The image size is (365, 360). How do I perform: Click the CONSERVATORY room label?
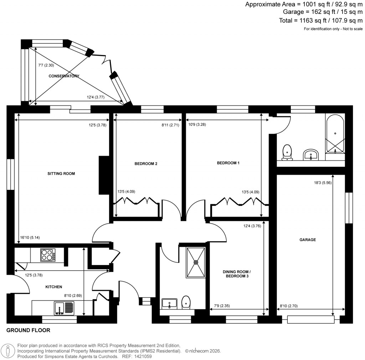tap(64, 76)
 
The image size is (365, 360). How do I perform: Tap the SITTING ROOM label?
tap(61, 174)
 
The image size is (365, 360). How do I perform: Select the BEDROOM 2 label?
tap(146, 164)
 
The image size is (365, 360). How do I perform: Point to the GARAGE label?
tap(307, 240)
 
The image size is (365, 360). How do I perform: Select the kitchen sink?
tap(64, 308)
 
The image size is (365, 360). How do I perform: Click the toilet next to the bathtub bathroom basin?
tap(287, 152)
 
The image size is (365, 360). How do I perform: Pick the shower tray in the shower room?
tap(196, 262)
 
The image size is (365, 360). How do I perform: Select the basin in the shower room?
tap(169, 303)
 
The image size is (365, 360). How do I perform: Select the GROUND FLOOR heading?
tap(28, 330)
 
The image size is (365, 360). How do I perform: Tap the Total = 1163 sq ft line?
tap(321, 20)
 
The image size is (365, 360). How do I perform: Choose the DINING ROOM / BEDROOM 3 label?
tap(235, 274)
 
